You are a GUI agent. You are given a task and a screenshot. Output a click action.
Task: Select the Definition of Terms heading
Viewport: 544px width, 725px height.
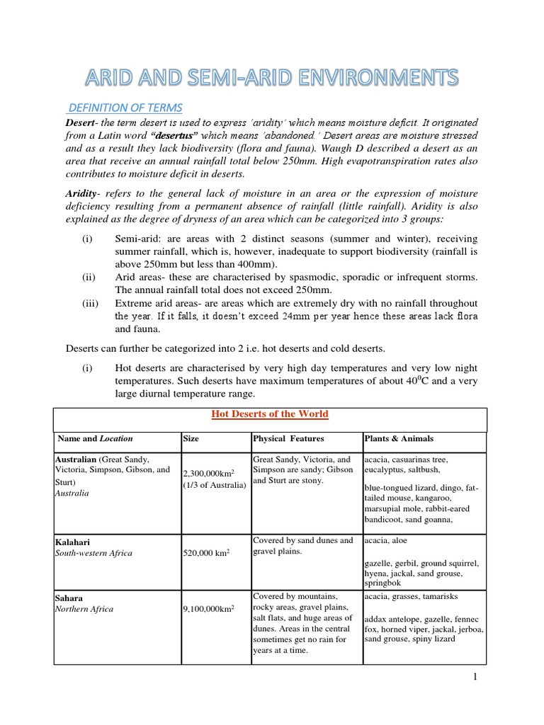point(125,108)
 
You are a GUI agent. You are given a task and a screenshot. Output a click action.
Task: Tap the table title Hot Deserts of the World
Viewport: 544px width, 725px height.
point(271,414)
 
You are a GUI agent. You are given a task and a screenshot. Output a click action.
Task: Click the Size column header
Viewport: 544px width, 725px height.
point(191,439)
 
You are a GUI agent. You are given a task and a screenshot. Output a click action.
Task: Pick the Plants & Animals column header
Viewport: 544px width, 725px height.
point(399,439)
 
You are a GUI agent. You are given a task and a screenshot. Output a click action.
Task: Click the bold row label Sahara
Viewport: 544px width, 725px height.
point(70,598)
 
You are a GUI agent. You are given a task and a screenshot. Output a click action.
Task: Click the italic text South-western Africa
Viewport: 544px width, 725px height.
point(93,553)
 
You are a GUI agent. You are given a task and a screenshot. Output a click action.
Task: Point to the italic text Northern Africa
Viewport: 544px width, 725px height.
point(84,609)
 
